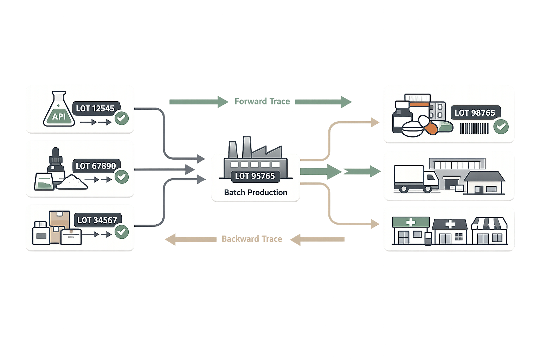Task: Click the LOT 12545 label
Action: pyautogui.click(x=95, y=108)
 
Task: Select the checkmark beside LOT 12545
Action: pyautogui.click(x=122, y=118)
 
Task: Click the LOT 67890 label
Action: pyautogui.click(x=96, y=166)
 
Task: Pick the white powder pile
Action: pyautogui.click(x=72, y=182)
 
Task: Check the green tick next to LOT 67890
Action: pyautogui.click(x=122, y=176)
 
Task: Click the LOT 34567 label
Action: pyautogui.click(x=97, y=220)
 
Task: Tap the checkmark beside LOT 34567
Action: pyautogui.click(x=122, y=232)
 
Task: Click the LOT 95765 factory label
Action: pyautogui.click(x=255, y=176)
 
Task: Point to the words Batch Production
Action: pyautogui.click(x=256, y=192)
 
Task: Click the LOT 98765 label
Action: pyautogui.click(x=475, y=112)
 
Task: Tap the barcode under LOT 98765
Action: pyautogui.click(x=474, y=128)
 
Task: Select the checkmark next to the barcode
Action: pyautogui.click(x=501, y=126)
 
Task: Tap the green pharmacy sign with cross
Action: pyautogui.click(x=411, y=222)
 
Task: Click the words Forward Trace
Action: pyautogui.click(x=262, y=102)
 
